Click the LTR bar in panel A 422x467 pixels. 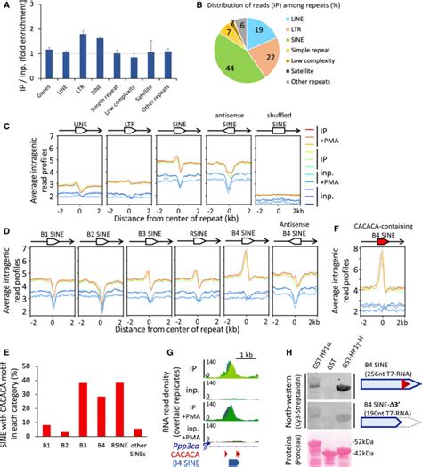[83, 54]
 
